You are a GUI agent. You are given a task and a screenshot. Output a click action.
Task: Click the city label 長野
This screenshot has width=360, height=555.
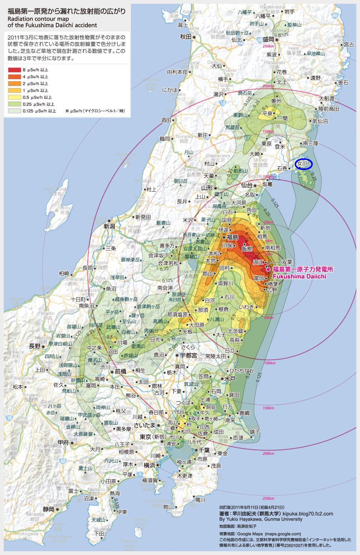point(35,346)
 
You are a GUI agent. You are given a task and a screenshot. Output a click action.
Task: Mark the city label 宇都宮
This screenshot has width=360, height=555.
point(189,355)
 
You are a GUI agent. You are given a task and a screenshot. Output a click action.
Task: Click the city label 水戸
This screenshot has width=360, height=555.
point(229,379)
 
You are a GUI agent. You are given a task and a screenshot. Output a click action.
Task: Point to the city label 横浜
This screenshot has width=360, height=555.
point(149,465)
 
